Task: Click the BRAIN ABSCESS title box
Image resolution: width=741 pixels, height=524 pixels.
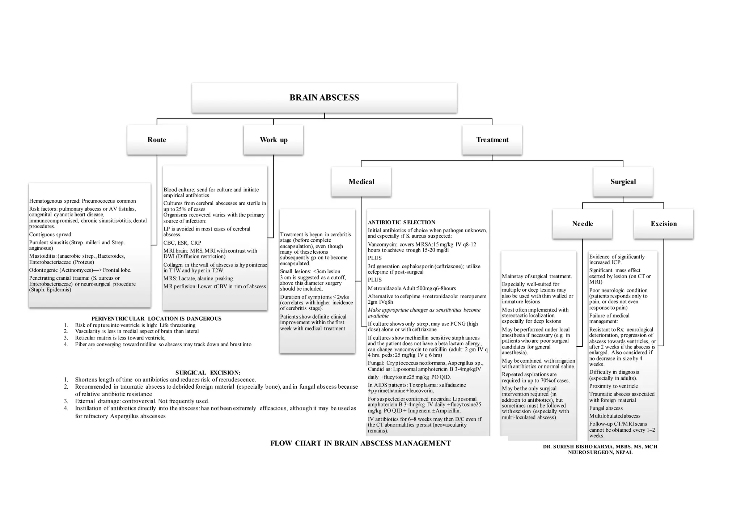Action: pyautogui.click(x=324, y=98)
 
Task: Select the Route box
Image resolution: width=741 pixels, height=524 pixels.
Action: pyautogui.click(x=157, y=140)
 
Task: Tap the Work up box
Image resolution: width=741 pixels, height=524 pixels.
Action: pyautogui.click(x=274, y=140)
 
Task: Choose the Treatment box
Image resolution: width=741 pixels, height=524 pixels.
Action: pyautogui.click(x=492, y=140)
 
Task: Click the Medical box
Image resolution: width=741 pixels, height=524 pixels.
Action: pyautogui.click(x=361, y=182)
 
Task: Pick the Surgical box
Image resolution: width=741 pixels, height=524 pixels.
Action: pyautogui.click(x=623, y=182)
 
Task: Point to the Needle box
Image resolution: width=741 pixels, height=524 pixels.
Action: pyautogui.click(x=583, y=224)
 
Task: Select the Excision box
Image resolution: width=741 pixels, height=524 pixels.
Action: pyautogui.click(x=664, y=224)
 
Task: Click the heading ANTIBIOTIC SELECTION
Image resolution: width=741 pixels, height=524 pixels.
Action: pyautogui.click(x=402, y=223)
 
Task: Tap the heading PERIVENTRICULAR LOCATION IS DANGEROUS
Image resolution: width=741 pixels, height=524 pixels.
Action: pyautogui.click(x=156, y=319)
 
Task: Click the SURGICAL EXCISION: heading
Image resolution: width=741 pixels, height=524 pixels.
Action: pyautogui.click(x=208, y=373)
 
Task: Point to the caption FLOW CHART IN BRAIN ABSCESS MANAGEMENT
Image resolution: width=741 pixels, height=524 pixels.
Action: pyautogui.click(x=360, y=443)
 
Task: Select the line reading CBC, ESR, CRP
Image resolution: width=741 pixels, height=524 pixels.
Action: pyautogui.click(x=182, y=243)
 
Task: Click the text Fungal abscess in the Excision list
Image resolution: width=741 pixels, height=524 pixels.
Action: pyautogui.click(x=606, y=408)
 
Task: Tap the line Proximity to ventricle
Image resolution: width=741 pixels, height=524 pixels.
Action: pyautogui.click(x=613, y=386)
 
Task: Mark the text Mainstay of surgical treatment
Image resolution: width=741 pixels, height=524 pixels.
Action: pyautogui.click(x=537, y=276)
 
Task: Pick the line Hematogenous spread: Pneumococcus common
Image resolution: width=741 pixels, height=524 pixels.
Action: pyautogui.click(x=82, y=201)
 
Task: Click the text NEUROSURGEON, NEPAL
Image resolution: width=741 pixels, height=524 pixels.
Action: pyautogui.click(x=600, y=452)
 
